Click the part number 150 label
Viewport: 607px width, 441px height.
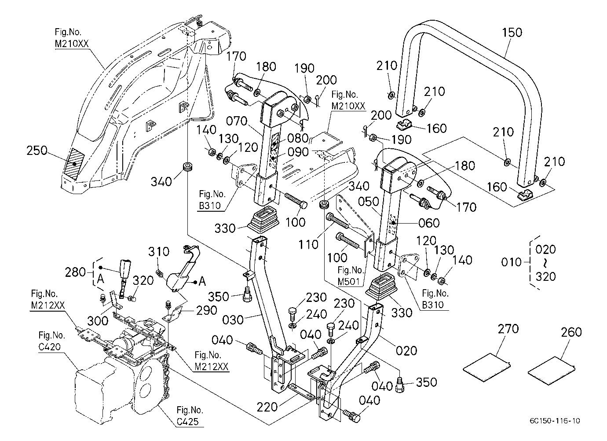[x=512, y=33]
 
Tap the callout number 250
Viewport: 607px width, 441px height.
[x=37, y=151]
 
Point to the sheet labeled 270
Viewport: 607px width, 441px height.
[x=486, y=367]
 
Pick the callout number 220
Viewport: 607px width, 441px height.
[x=267, y=407]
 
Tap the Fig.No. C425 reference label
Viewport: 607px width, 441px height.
[x=190, y=416]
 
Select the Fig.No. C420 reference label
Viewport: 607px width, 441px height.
[x=52, y=341]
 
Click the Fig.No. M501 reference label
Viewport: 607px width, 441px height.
[x=351, y=276]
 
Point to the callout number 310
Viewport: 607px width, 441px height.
[x=158, y=252]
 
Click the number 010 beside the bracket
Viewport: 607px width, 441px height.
[x=512, y=262]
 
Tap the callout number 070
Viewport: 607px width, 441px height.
[x=237, y=121]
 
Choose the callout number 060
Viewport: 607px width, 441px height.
[x=429, y=223]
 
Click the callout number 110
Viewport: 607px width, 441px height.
[x=308, y=245]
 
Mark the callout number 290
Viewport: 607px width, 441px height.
[x=206, y=311]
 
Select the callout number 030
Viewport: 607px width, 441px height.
[x=233, y=320]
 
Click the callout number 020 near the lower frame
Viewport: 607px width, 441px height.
[x=406, y=351]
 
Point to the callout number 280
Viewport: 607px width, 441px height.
[x=75, y=272]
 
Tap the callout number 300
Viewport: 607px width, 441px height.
[x=98, y=321]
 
